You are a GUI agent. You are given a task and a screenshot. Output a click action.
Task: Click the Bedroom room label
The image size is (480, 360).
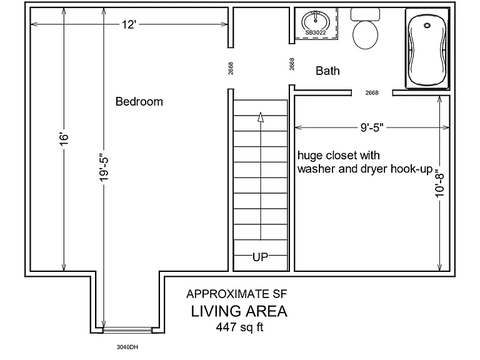(139, 102)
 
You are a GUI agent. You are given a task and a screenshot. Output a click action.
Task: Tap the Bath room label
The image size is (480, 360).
(327, 71)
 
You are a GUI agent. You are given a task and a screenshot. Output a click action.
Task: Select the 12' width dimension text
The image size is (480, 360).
(129, 24)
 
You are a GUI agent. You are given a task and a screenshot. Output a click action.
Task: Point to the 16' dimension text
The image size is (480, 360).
(64, 139)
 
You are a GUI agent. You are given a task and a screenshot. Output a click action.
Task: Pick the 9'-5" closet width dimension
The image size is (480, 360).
(372, 127)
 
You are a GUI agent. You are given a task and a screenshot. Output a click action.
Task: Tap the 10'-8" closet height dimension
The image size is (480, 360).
(439, 183)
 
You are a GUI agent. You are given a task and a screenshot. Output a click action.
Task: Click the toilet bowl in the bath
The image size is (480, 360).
(365, 34)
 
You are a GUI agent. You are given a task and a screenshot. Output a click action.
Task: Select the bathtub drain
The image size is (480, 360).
(427, 26)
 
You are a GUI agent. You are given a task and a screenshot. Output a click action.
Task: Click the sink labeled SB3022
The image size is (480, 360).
(316, 21)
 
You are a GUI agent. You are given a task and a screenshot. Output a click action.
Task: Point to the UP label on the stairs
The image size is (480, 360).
(260, 257)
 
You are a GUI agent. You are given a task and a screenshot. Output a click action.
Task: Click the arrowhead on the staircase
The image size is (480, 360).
(261, 117)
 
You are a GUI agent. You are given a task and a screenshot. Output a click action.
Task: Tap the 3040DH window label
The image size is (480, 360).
(127, 347)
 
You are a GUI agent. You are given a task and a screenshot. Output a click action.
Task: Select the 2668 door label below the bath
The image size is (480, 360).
(372, 92)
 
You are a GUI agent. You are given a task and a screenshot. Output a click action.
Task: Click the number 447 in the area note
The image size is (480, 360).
(226, 327)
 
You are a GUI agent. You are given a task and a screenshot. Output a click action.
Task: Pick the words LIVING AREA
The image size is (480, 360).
(239, 311)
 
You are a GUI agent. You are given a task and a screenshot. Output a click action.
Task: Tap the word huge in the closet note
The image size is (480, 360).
(310, 156)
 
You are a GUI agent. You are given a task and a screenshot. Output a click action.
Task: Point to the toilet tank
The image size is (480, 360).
(365, 14)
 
